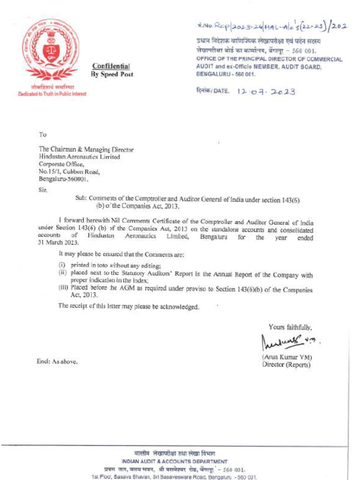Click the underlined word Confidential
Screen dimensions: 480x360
(x=111, y=66)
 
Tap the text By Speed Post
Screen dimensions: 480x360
(x=112, y=74)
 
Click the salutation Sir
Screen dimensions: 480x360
(x=43, y=190)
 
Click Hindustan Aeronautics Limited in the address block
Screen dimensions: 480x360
(x=79, y=157)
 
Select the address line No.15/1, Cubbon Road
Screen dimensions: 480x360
(x=69, y=172)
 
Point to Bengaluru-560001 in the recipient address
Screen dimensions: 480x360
(x=63, y=179)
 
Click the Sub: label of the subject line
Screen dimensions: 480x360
(x=81, y=199)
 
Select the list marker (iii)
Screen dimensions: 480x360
(x=63, y=288)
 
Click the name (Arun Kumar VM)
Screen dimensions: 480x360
(x=287, y=357)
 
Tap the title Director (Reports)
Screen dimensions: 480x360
(x=286, y=364)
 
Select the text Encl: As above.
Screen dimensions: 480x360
(x=57, y=361)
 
